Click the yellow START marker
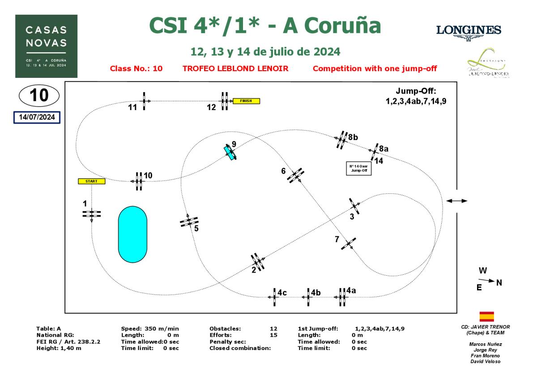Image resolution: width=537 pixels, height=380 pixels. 91,181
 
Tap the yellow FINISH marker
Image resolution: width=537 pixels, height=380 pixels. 246,101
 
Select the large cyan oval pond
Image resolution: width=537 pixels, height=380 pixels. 132,234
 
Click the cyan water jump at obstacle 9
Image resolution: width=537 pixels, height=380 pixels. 230,152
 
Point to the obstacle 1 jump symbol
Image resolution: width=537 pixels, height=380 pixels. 91,214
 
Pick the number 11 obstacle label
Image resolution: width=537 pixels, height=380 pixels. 132,107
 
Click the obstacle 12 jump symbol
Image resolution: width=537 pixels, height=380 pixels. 225,101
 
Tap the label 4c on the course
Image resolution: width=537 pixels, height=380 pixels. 282,293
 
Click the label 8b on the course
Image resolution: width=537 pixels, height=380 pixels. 353,137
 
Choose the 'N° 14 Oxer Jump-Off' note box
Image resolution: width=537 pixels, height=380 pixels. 359,168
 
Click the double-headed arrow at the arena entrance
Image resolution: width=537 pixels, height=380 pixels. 457,201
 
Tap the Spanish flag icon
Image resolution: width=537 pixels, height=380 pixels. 486,316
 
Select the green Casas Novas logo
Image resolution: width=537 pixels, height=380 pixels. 46,46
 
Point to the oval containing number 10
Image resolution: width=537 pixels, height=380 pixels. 38,95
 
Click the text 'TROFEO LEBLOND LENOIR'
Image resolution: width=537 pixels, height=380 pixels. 235,68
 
